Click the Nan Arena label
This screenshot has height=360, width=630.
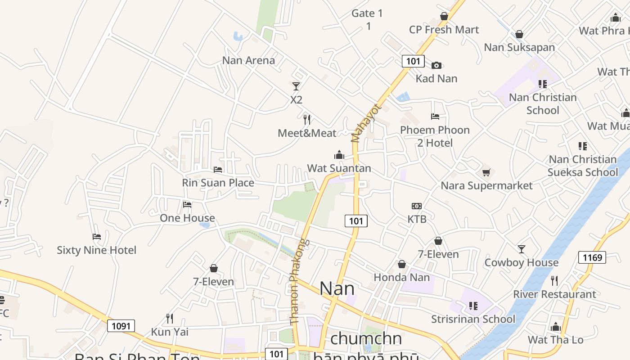248,60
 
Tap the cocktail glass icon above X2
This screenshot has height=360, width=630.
296,86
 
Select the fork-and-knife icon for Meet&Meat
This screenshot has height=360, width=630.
307,119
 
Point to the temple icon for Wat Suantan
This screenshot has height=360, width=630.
339,155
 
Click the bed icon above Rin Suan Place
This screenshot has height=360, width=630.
218,170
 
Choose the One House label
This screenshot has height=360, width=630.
187,218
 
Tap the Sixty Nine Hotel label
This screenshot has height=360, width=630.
96,250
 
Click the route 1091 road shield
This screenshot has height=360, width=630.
121,326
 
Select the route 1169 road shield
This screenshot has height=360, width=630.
592,257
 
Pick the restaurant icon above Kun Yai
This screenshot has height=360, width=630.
170,319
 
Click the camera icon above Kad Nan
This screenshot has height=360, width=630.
436,65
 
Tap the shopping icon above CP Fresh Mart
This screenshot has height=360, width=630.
444,17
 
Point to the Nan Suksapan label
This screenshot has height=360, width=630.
519,47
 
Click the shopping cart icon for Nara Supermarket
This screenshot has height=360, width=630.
486,172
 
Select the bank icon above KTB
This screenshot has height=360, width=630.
417,206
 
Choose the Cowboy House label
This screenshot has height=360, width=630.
521,262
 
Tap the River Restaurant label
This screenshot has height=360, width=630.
554,294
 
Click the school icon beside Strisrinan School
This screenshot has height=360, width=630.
473,306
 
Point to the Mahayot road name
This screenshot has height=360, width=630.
366,123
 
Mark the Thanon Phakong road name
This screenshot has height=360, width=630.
299,282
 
